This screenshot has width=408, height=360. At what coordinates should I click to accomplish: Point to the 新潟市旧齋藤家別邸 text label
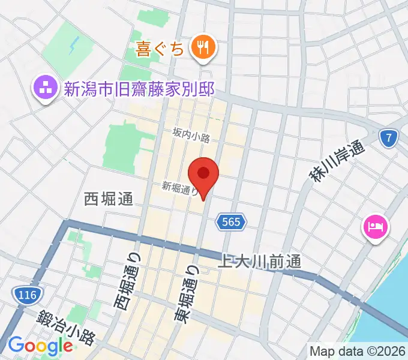(139, 89)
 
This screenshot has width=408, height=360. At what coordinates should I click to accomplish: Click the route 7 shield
(389, 139)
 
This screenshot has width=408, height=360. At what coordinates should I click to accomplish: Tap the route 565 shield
(231, 222)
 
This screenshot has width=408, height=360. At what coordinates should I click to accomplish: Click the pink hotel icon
(376, 227)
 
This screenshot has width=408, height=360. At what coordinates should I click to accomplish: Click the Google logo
(40, 346)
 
